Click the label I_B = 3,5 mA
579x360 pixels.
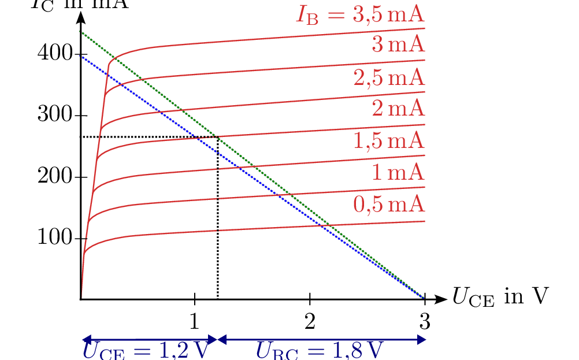[x=361, y=14]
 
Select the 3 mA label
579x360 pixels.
[x=398, y=45]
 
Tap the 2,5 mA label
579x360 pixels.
[x=389, y=77]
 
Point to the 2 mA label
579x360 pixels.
[x=398, y=109]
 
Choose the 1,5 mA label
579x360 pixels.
[x=389, y=140]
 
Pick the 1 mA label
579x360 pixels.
[x=398, y=172]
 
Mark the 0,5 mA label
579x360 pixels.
[x=389, y=204]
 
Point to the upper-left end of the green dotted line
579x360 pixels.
[x=80, y=31]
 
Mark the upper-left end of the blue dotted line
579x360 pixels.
[x=80, y=56]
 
